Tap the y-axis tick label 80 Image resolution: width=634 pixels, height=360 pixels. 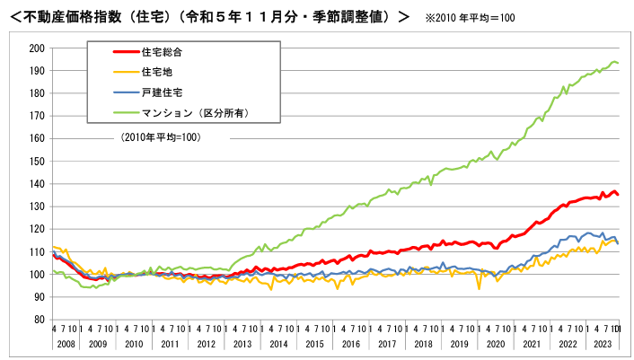[39, 319]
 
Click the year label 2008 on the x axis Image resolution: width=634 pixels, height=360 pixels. [66, 344]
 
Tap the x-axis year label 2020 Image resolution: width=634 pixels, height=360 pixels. [495, 344]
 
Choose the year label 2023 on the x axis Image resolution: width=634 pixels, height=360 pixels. [602, 344]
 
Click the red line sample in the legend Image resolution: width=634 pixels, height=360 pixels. [114, 53]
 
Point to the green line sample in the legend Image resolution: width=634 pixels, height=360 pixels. [114, 112]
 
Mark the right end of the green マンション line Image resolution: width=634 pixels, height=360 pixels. [618, 63]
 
